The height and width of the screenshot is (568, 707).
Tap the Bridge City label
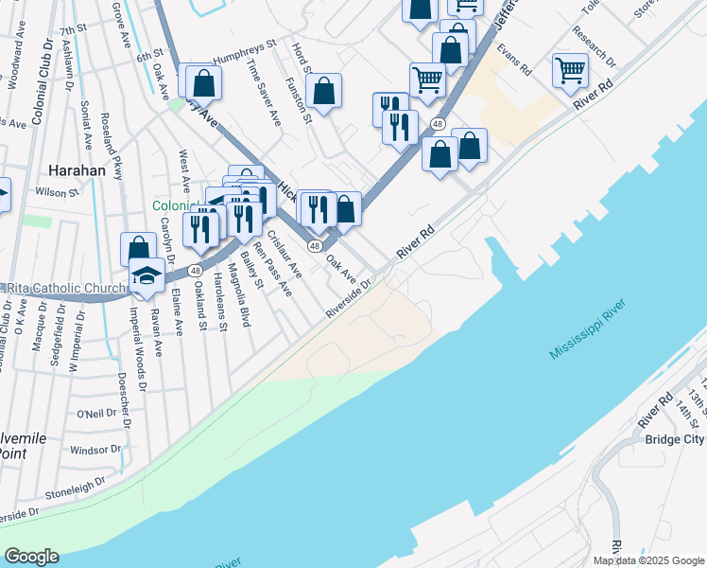(674, 439)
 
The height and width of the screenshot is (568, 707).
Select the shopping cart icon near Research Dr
(570, 68)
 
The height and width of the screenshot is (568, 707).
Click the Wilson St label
(58, 192)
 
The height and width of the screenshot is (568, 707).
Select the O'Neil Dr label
(95, 414)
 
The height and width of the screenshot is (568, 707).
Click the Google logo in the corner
(31, 557)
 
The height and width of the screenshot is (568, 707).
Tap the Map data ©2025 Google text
(647, 560)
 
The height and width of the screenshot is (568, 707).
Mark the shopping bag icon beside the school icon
(138, 250)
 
